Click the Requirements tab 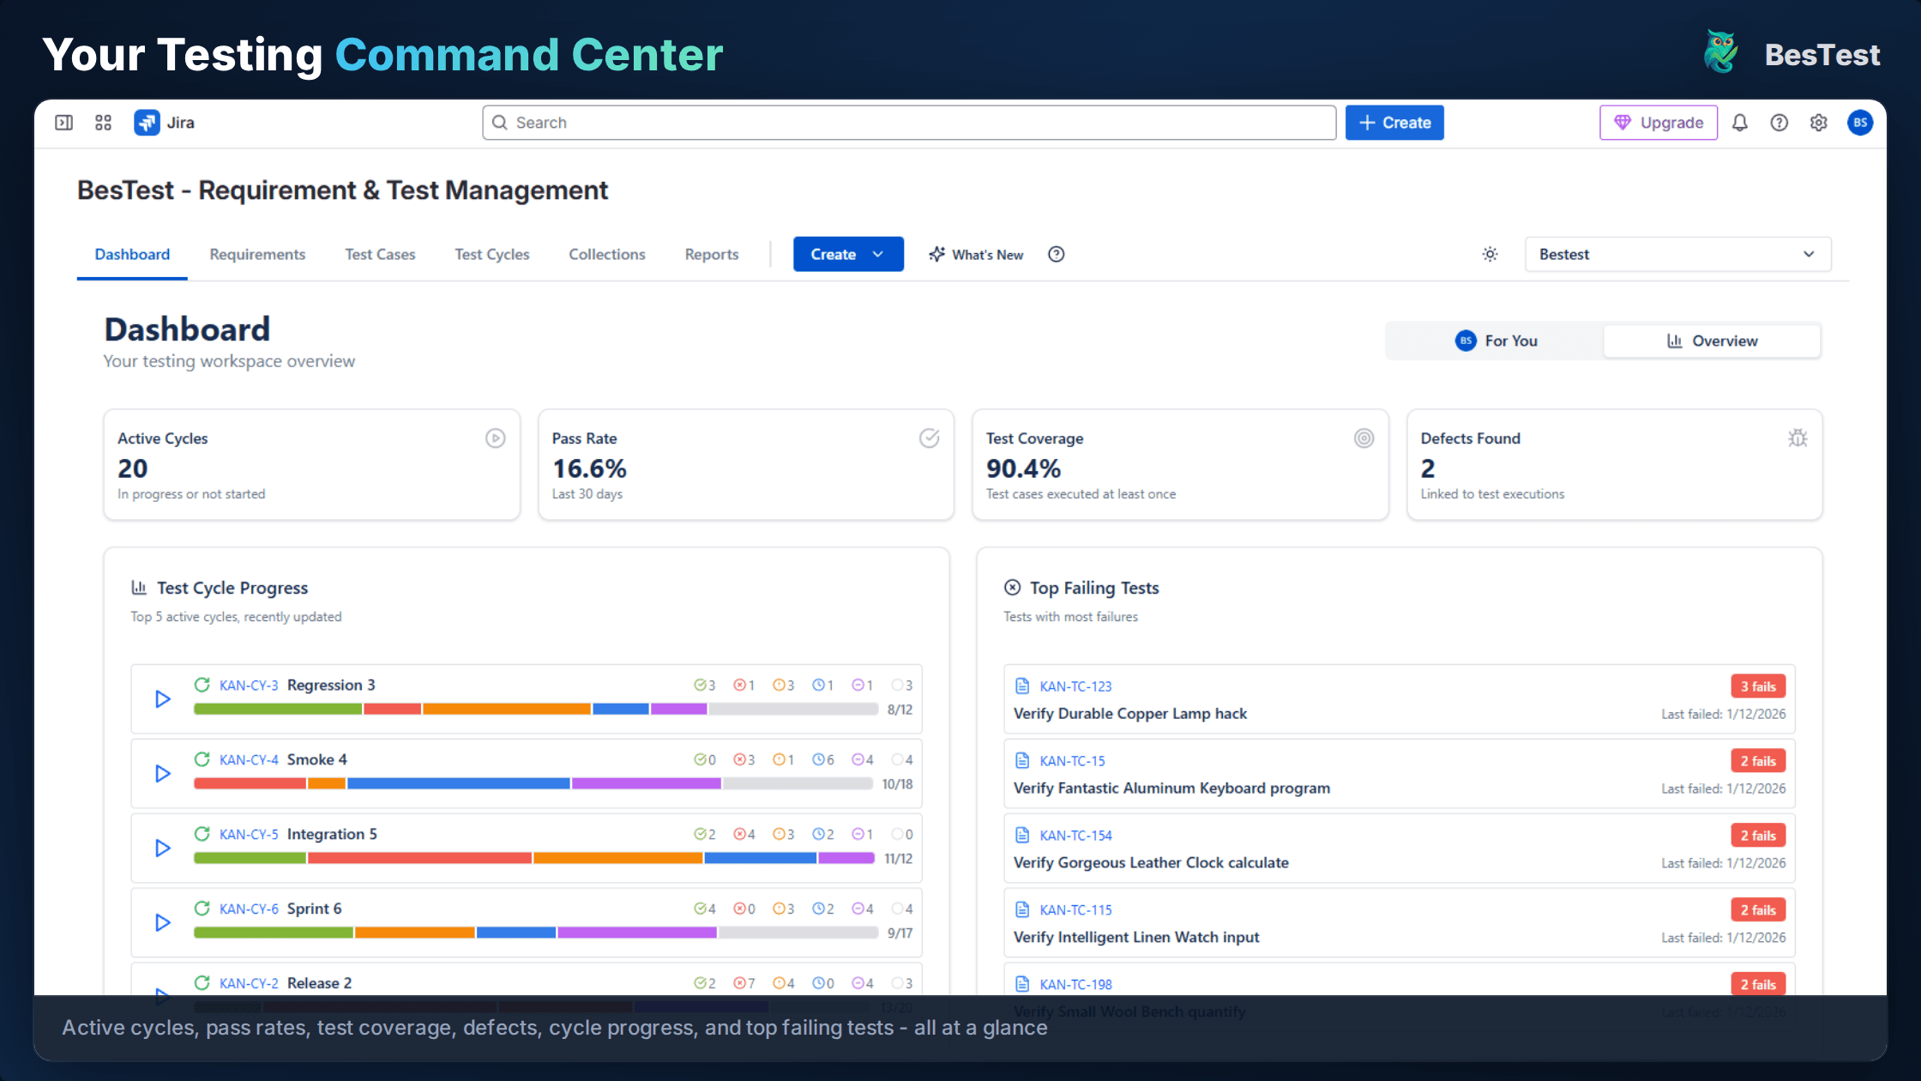(x=257, y=255)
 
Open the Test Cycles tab (x=491, y=255)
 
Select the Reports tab (x=711, y=255)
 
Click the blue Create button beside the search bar (x=1394, y=123)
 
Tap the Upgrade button (x=1658, y=123)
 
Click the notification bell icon (x=1739, y=123)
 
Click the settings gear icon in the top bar (x=1818, y=123)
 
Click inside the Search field (x=909, y=123)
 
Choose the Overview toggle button (x=1712, y=341)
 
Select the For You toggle (x=1496, y=341)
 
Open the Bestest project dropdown (x=1677, y=255)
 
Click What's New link (x=976, y=255)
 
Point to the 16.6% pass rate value (x=589, y=468)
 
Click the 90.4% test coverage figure (x=1023, y=468)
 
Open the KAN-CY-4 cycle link (x=249, y=760)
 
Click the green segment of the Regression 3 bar (x=277, y=710)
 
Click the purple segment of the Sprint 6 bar (x=636, y=933)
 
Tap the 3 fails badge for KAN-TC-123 (x=1757, y=686)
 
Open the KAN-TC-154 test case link (x=1075, y=836)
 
